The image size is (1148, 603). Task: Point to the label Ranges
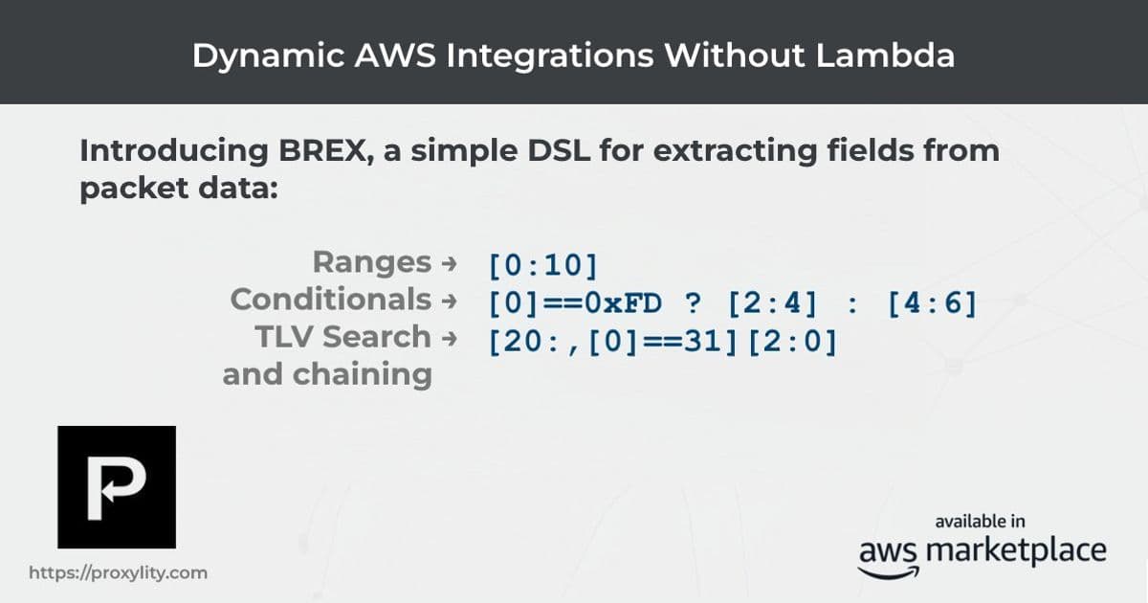coord(372,261)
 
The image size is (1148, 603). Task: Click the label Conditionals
coord(330,300)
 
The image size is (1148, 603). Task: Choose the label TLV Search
coord(343,337)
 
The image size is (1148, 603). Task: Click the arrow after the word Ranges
coord(448,263)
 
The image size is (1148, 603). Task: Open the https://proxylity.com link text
coord(119,573)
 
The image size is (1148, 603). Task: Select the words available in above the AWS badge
coord(981,522)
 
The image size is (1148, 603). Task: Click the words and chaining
coord(327,374)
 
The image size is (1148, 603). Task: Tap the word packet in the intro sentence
coord(134,187)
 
